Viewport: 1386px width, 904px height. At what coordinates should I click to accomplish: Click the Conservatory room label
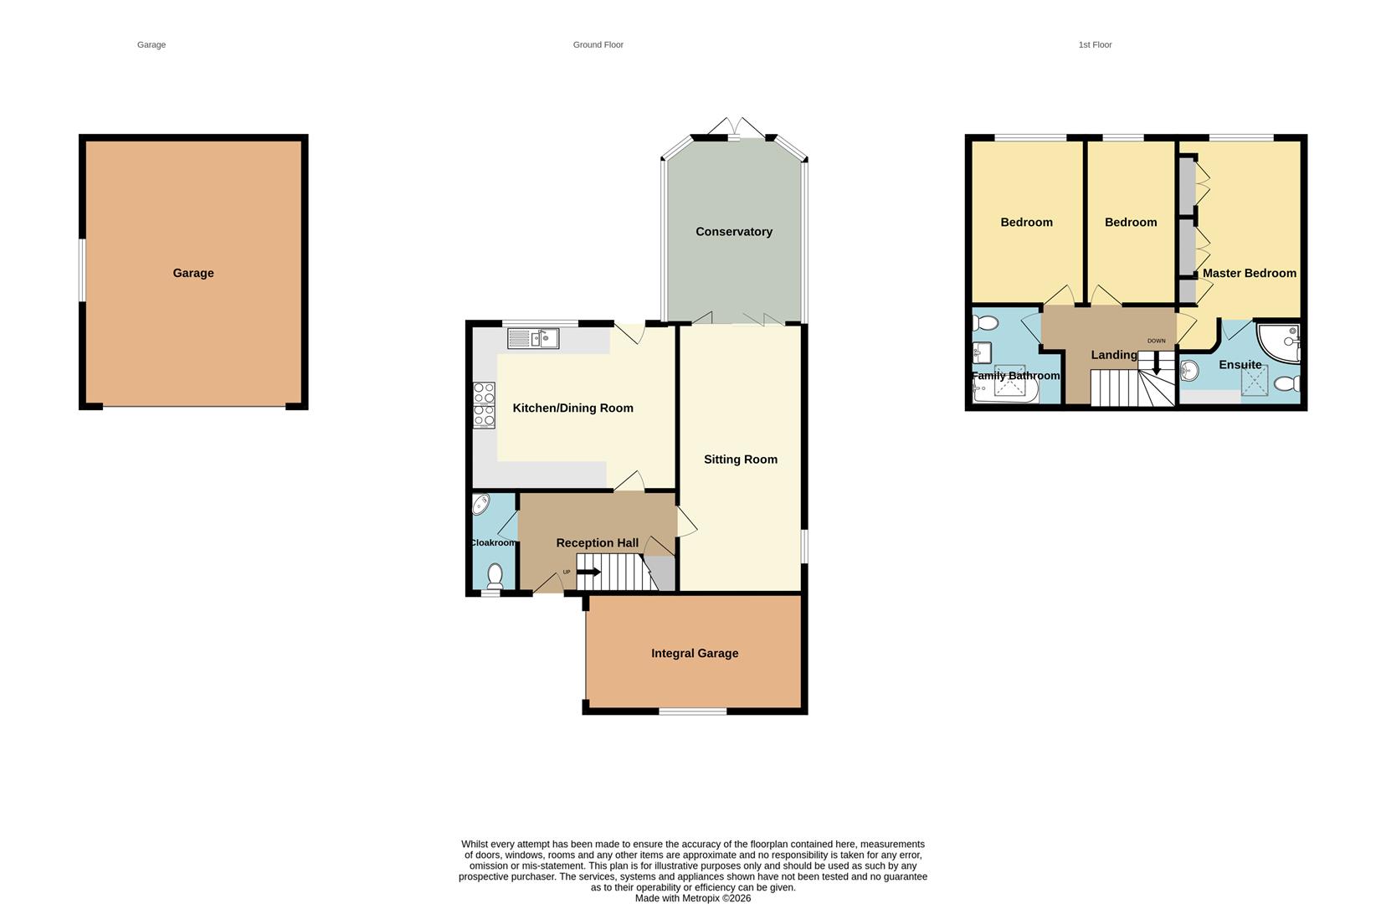pyautogui.click(x=733, y=232)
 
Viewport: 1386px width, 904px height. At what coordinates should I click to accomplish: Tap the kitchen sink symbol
pyautogui.click(x=533, y=339)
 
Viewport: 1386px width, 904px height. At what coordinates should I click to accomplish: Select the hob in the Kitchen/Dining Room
pyautogui.click(x=484, y=405)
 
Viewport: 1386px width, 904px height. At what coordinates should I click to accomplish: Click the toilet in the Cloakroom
pyautogui.click(x=495, y=575)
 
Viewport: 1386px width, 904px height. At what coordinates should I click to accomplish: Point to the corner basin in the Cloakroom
pyautogui.click(x=481, y=504)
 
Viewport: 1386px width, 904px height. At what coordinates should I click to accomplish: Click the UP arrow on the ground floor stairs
pyautogui.click(x=588, y=573)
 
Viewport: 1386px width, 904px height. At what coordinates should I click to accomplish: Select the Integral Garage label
pyautogui.click(x=695, y=654)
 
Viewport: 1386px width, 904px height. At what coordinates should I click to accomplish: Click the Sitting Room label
pyautogui.click(x=740, y=460)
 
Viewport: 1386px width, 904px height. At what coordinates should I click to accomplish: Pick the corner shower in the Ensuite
pyautogui.click(x=1281, y=342)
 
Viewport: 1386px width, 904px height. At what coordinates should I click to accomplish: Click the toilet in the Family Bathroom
pyautogui.click(x=985, y=323)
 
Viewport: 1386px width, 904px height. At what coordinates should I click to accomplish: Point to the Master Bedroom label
pyautogui.click(x=1249, y=274)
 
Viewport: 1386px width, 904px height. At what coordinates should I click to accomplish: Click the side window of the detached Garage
pyautogui.click(x=82, y=270)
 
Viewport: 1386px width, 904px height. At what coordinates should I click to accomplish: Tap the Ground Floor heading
pyautogui.click(x=598, y=45)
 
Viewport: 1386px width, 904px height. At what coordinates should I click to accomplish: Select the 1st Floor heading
pyautogui.click(x=1094, y=45)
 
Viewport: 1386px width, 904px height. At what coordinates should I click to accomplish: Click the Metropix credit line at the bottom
pyautogui.click(x=692, y=898)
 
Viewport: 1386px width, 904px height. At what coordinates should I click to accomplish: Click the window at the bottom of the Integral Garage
pyautogui.click(x=692, y=711)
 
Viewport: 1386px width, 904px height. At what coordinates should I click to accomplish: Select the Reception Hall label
pyautogui.click(x=597, y=543)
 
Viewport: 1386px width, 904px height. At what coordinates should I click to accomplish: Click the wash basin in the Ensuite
pyautogui.click(x=1189, y=370)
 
